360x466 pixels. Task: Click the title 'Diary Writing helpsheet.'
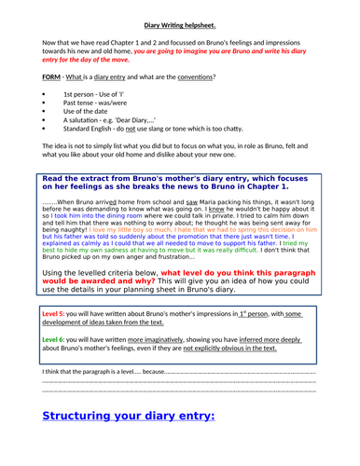[180, 13]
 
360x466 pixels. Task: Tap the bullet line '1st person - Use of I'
[87, 95]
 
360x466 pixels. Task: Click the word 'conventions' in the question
[187, 75]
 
